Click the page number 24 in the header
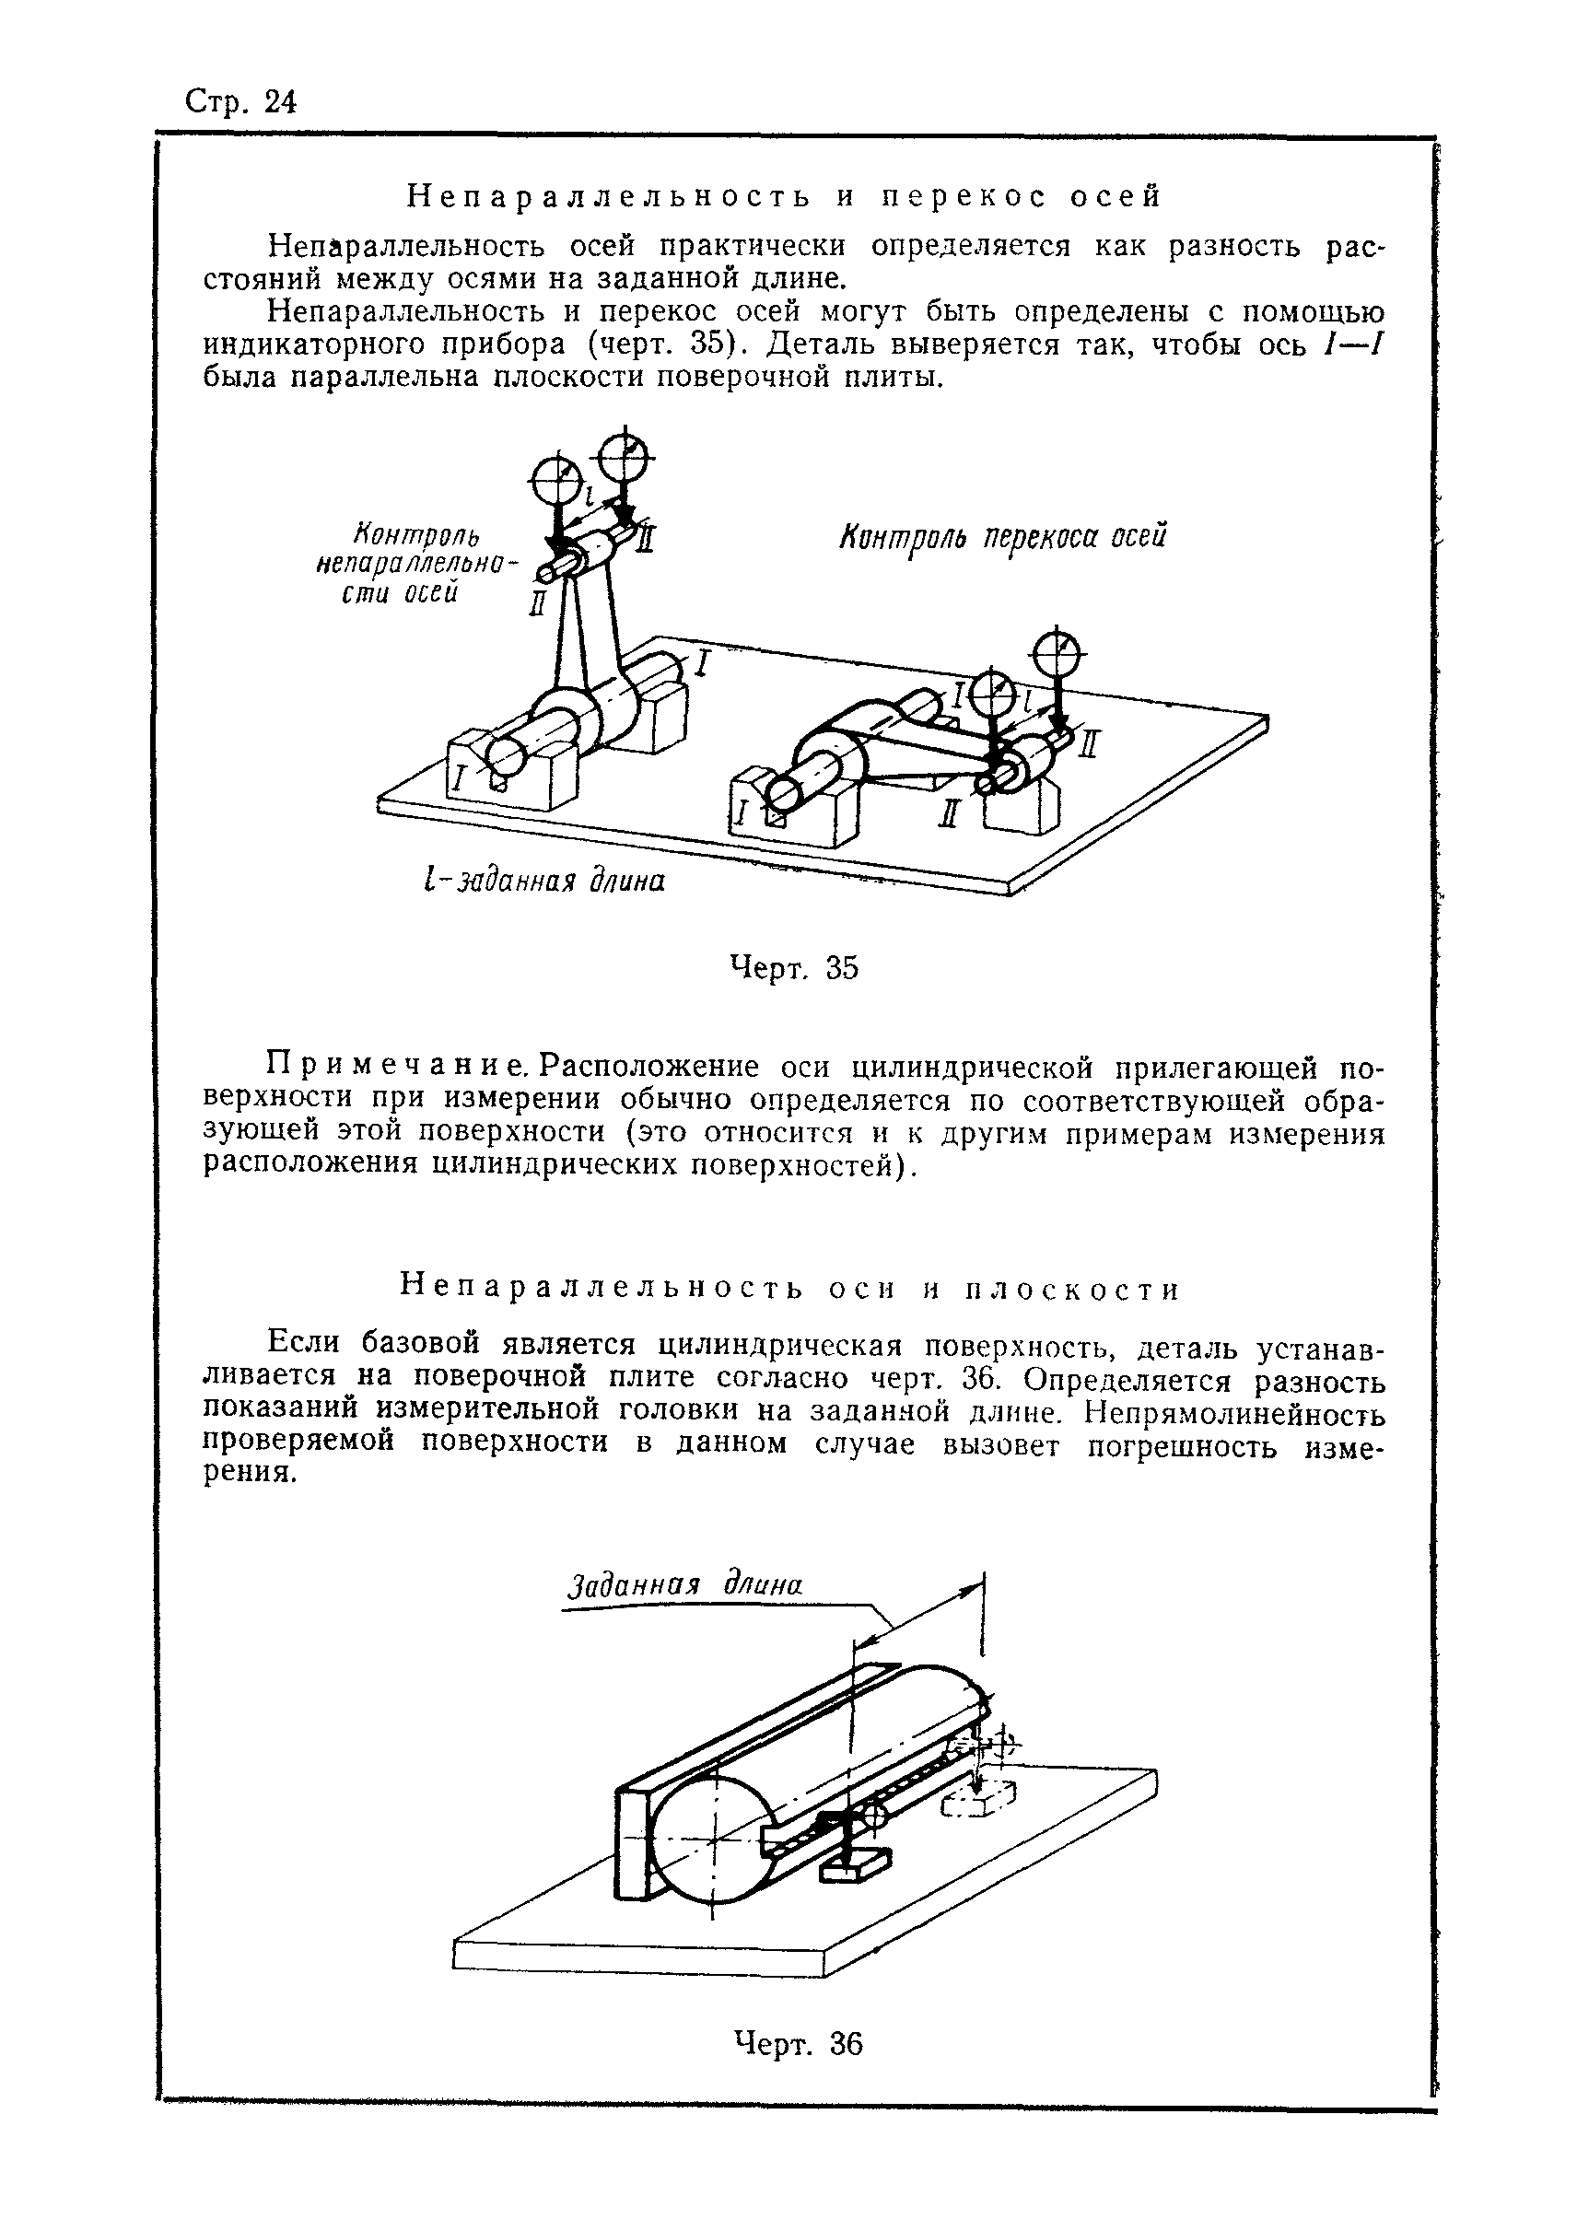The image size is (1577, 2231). click(x=279, y=102)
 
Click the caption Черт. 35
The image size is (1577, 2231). click(x=793, y=968)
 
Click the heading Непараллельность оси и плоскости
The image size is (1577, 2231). click(x=789, y=1290)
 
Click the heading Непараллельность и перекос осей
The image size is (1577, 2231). click(x=783, y=197)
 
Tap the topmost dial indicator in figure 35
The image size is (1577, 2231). click(x=626, y=453)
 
